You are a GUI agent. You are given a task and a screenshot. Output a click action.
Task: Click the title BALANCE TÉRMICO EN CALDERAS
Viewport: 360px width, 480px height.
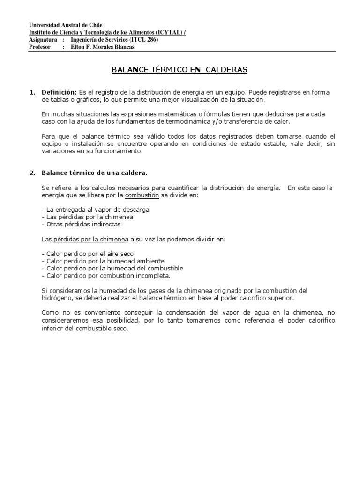[180, 70]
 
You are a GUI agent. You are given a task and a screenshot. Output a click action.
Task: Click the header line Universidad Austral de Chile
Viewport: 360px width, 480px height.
[66, 25]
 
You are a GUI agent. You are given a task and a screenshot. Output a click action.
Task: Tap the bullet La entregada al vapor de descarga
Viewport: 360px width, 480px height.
[96, 210]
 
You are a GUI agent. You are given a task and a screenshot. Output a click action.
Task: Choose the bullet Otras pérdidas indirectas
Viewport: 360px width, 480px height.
[81, 224]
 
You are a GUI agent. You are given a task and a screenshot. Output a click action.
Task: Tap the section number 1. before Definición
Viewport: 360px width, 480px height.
[32, 92]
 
